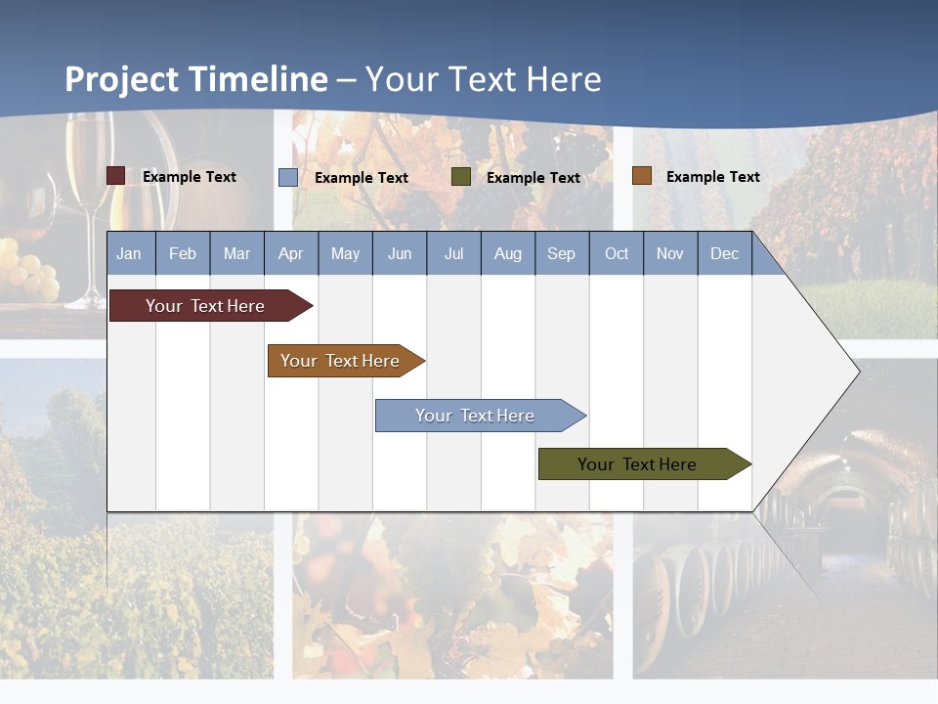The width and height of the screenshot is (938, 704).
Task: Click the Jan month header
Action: (x=129, y=254)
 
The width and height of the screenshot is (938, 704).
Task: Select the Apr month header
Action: (x=290, y=254)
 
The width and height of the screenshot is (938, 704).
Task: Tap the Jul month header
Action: (x=453, y=254)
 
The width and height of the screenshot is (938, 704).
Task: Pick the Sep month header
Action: (x=561, y=254)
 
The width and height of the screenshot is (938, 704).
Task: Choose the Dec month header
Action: (x=724, y=254)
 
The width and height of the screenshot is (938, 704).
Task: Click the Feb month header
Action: (x=183, y=254)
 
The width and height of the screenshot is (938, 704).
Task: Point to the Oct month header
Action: (x=617, y=254)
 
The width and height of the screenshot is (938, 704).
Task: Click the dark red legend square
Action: (x=116, y=176)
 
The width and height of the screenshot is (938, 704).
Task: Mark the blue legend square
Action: (x=288, y=177)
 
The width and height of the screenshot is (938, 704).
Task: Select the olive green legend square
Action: (x=461, y=177)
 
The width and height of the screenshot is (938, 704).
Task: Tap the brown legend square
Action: (x=642, y=176)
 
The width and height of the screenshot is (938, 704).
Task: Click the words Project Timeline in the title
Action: (x=196, y=79)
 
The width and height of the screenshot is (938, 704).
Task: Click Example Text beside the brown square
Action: (x=712, y=177)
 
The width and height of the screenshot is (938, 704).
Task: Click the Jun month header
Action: (x=399, y=254)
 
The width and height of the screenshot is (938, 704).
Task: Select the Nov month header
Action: (x=670, y=254)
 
